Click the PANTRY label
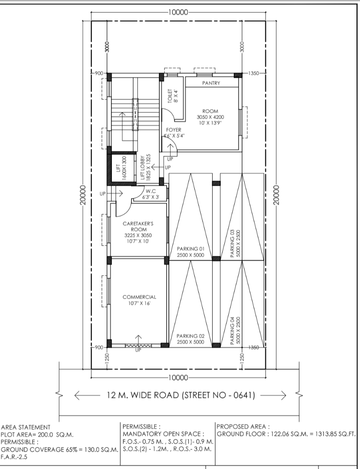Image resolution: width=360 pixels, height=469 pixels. pyautogui.click(x=211, y=83)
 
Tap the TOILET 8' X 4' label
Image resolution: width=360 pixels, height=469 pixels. pyautogui.click(x=173, y=96)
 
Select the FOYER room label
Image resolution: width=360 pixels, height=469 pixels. pyautogui.click(x=174, y=130)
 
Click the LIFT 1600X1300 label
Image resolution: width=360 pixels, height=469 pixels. pyautogui.click(x=121, y=168)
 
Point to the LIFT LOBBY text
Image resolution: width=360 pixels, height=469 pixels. pyautogui.click(x=142, y=167)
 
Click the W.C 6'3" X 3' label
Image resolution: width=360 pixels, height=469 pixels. pyautogui.click(x=150, y=194)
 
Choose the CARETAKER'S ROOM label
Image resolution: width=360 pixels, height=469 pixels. pyautogui.click(x=138, y=226)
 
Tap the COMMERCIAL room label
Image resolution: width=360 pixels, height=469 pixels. pyautogui.click(x=139, y=297)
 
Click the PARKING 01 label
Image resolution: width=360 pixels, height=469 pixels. pyautogui.click(x=190, y=248)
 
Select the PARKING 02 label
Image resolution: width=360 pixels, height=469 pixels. pyautogui.click(x=190, y=336)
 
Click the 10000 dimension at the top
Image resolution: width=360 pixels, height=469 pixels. pyautogui.click(x=178, y=12)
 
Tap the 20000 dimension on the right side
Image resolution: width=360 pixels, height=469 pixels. pyautogui.click(x=276, y=195)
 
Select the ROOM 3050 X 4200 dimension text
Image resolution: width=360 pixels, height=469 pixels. pyautogui.click(x=210, y=117)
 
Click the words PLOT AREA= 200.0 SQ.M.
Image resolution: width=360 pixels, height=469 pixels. pyautogui.click(x=38, y=435)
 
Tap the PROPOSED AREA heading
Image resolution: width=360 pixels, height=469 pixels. pyautogui.click(x=243, y=426)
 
